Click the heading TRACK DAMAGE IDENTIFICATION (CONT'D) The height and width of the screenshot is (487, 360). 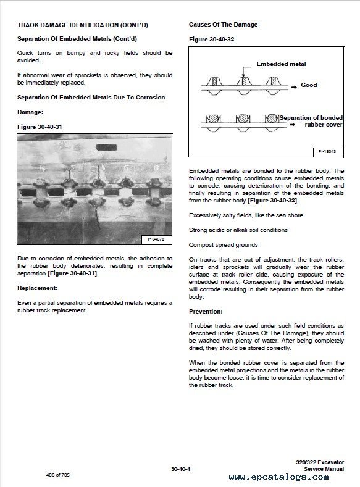pos(83,25)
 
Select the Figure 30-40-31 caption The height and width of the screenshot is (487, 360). pos(40,127)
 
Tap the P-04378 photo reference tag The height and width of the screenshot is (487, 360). pos(156,239)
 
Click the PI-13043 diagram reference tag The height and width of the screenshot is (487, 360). pos(327,152)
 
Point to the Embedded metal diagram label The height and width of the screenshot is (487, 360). pos(281,64)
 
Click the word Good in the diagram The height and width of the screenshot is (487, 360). pos(309,85)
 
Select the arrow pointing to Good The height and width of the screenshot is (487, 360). pos(294,88)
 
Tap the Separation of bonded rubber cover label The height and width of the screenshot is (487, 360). pos(311,121)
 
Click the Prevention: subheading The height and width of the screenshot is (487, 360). pos(206,311)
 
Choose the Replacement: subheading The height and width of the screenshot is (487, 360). pos(37,288)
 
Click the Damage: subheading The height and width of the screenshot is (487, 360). pos(30,112)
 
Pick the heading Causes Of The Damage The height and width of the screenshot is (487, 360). pos(223,25)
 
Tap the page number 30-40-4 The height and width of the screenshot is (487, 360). pos(180,469)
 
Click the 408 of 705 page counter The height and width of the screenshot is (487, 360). pos(58,475)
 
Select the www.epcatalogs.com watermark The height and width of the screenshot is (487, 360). pos(278,477)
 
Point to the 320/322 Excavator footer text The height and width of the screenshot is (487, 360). pos(320,462)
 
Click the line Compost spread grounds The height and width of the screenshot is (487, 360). pos(224,245)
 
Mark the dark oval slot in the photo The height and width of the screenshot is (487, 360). pos(106,148)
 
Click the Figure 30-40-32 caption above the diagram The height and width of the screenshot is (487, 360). pos(212,39)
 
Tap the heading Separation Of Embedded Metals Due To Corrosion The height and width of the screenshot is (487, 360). pos(91,97)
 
